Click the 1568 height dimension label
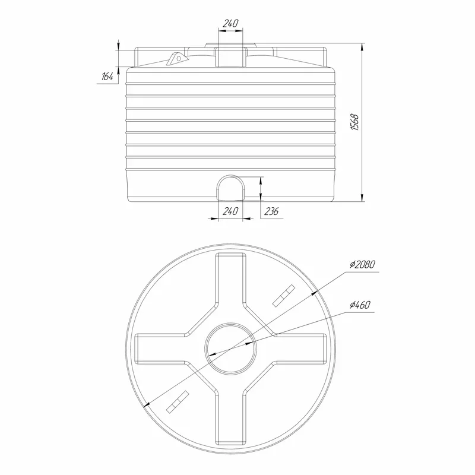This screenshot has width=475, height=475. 354,122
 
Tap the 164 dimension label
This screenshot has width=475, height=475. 107,77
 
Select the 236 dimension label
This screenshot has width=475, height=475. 271,211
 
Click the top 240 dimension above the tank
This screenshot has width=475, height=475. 230,23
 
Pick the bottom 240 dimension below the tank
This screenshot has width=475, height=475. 230,211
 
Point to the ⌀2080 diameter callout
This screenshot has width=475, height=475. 363,264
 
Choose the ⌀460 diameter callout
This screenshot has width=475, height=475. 360,305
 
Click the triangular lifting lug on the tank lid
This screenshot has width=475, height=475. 176,58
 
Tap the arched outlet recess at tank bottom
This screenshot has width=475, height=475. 230,188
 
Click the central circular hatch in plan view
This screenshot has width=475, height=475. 230,323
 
